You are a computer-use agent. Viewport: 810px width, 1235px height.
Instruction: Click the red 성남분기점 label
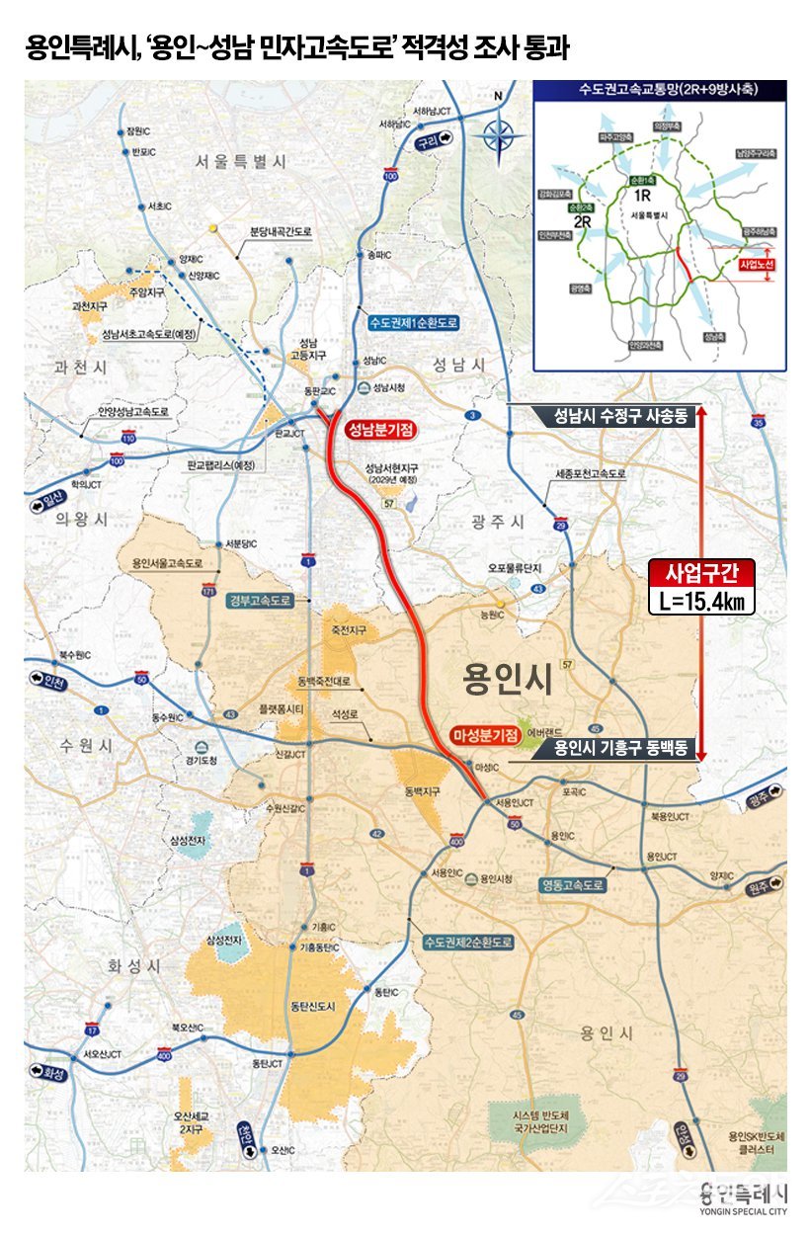coord(380,430)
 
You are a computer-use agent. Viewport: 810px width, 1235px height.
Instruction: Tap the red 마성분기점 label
coord(484,735)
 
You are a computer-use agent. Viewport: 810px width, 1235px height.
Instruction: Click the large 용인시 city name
coord(507,681)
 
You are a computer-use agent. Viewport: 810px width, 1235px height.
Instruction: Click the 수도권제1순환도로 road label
coord(414,323)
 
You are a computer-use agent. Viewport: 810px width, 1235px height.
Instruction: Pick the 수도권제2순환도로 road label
coord(467,943)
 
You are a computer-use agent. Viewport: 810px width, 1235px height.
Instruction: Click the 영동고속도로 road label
coord(572,884)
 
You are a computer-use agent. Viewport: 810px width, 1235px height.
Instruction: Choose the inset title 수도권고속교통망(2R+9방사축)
coord(659,90)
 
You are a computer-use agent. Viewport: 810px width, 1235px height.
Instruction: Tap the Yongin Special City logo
coord(742,1196)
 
